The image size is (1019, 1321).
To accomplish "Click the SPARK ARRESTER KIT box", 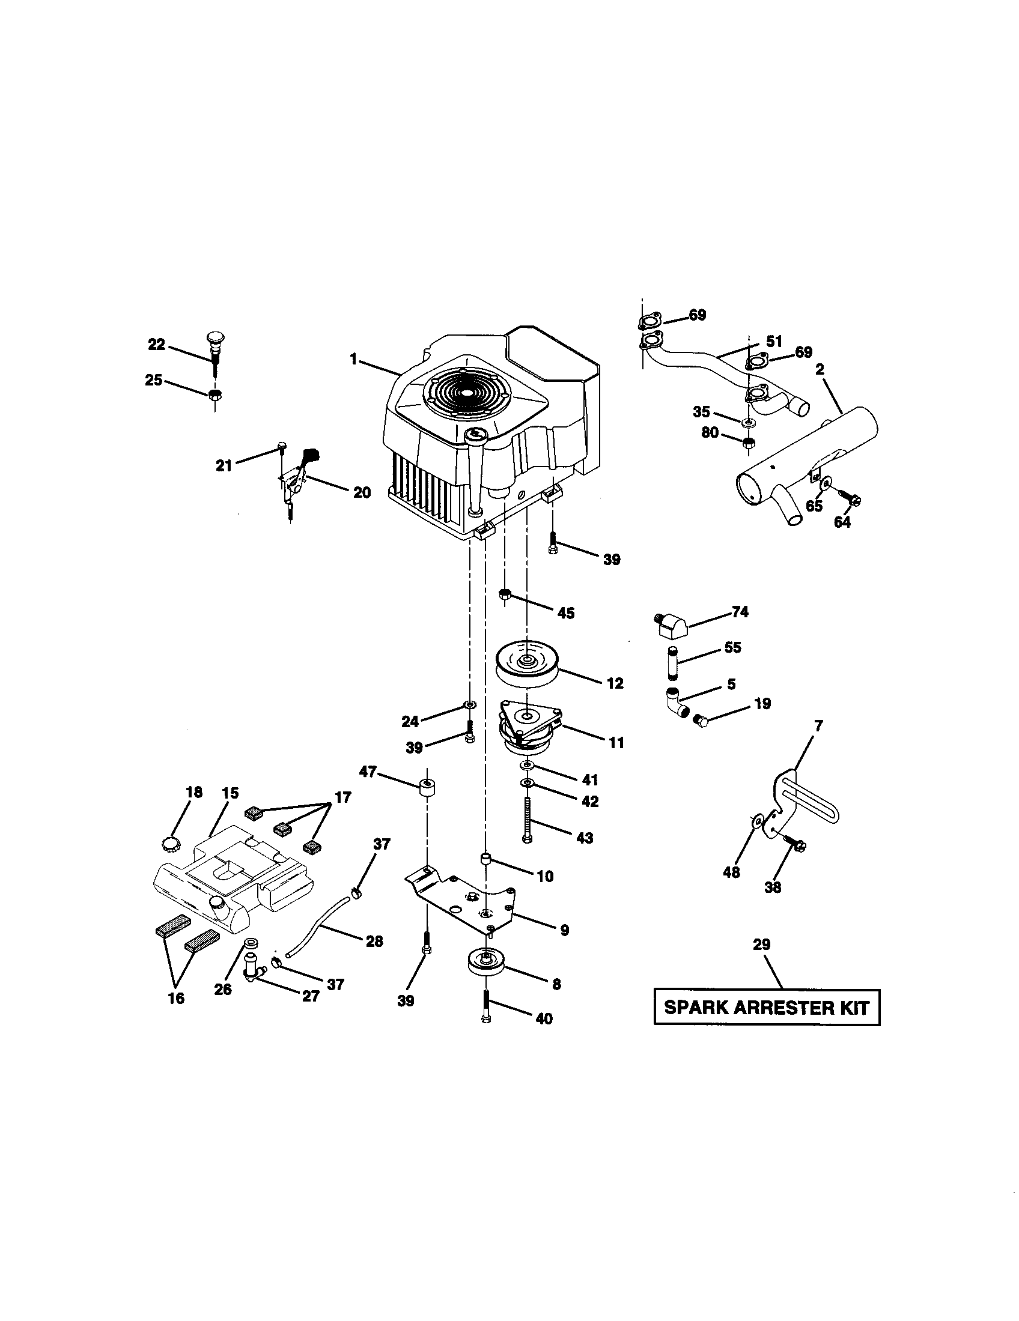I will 766,1008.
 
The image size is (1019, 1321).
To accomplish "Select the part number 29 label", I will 761,945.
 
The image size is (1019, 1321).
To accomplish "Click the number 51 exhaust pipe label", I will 774,342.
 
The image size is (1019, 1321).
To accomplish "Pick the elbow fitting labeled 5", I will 677,701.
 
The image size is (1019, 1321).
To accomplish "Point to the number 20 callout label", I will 361,493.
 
